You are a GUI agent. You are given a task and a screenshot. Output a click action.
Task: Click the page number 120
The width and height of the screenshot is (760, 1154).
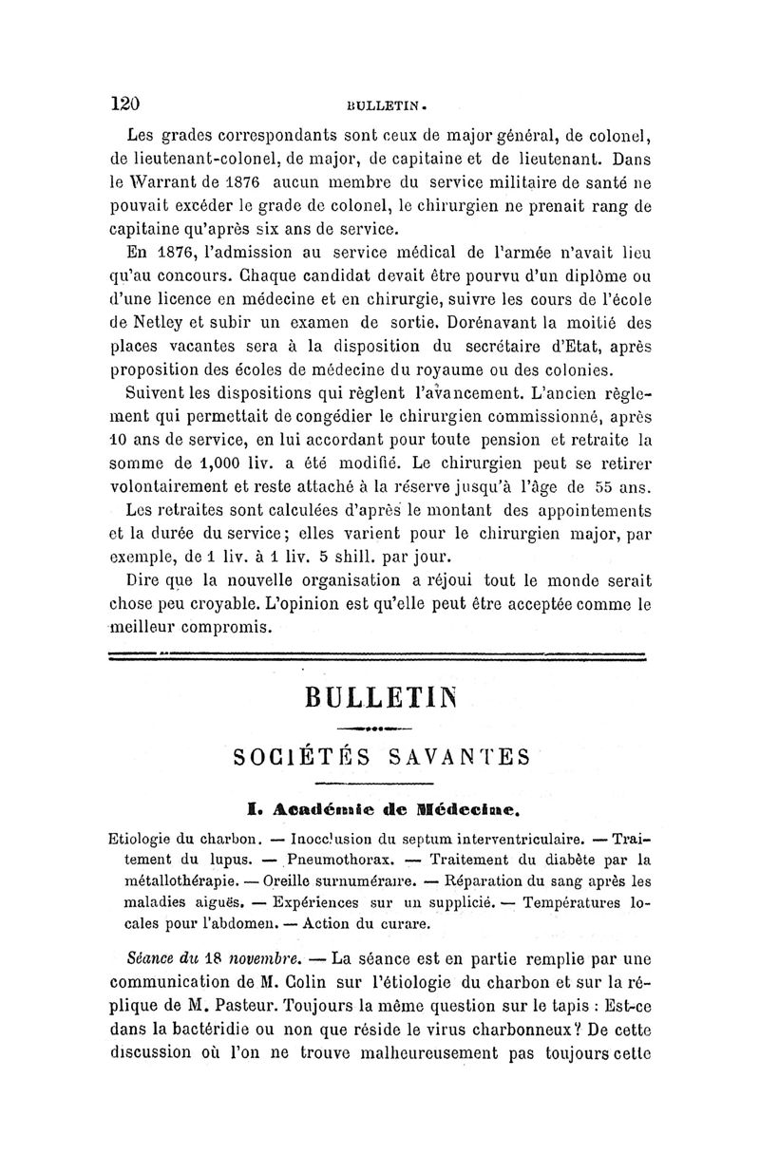point(125,103)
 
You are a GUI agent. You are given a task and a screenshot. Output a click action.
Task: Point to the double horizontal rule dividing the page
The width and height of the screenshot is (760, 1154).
point(378,654)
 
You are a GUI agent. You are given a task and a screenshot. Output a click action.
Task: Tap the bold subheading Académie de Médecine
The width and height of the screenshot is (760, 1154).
point(383,808)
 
